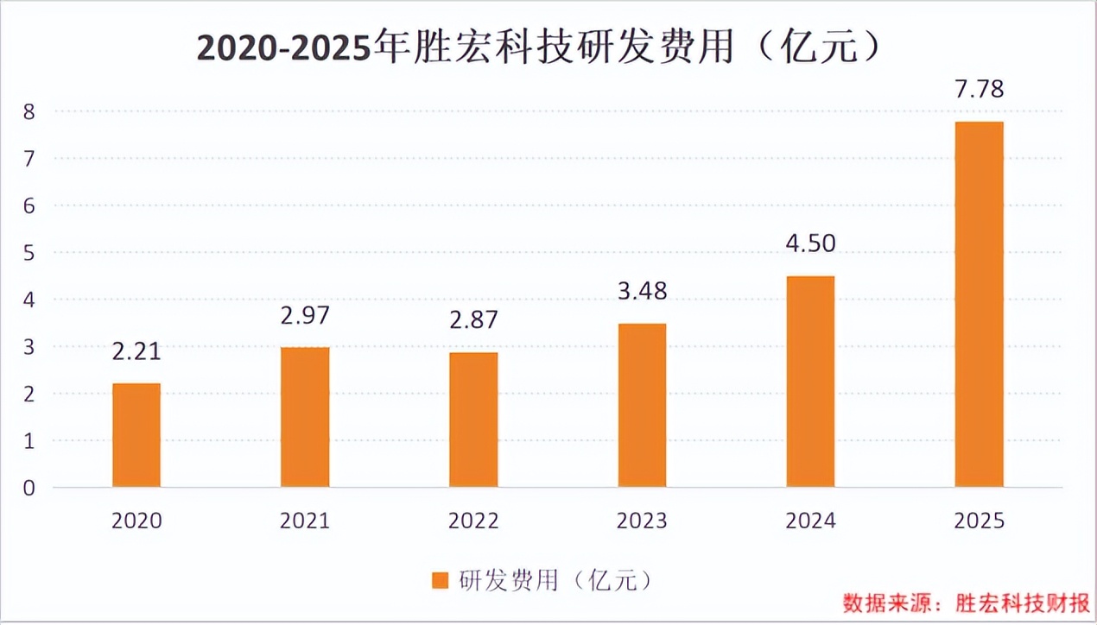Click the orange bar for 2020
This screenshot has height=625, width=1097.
pyautogui.click(x=136, y=435)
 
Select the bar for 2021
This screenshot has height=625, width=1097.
pyautogui.click(x=305, y=417)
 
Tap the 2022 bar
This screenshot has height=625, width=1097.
pyautogui.click(x=473, y=420)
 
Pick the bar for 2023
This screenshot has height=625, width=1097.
pyautogui.click(x=642, y=406)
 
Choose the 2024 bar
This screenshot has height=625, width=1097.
pyautogui.click(x=810, y=382)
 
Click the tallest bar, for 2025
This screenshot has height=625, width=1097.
pyautogui.click(x=979, y=305)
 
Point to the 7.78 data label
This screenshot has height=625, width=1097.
pyautogui.click(x=979, y=90)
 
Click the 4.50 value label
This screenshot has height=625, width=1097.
pyautogui.click(x=810, y=244)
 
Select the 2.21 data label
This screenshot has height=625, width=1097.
pyautogui.click(x=136, y=351)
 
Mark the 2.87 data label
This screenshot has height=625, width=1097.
pyautogui.click(x=473, y=320)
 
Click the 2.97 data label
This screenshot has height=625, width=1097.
pyautogui.click(x=305, y=315)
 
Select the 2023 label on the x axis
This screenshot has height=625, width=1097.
pyautogui.click(x=642, y=521)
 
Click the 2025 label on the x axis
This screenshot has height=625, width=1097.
pyautogui.click(x=979, y=521)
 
